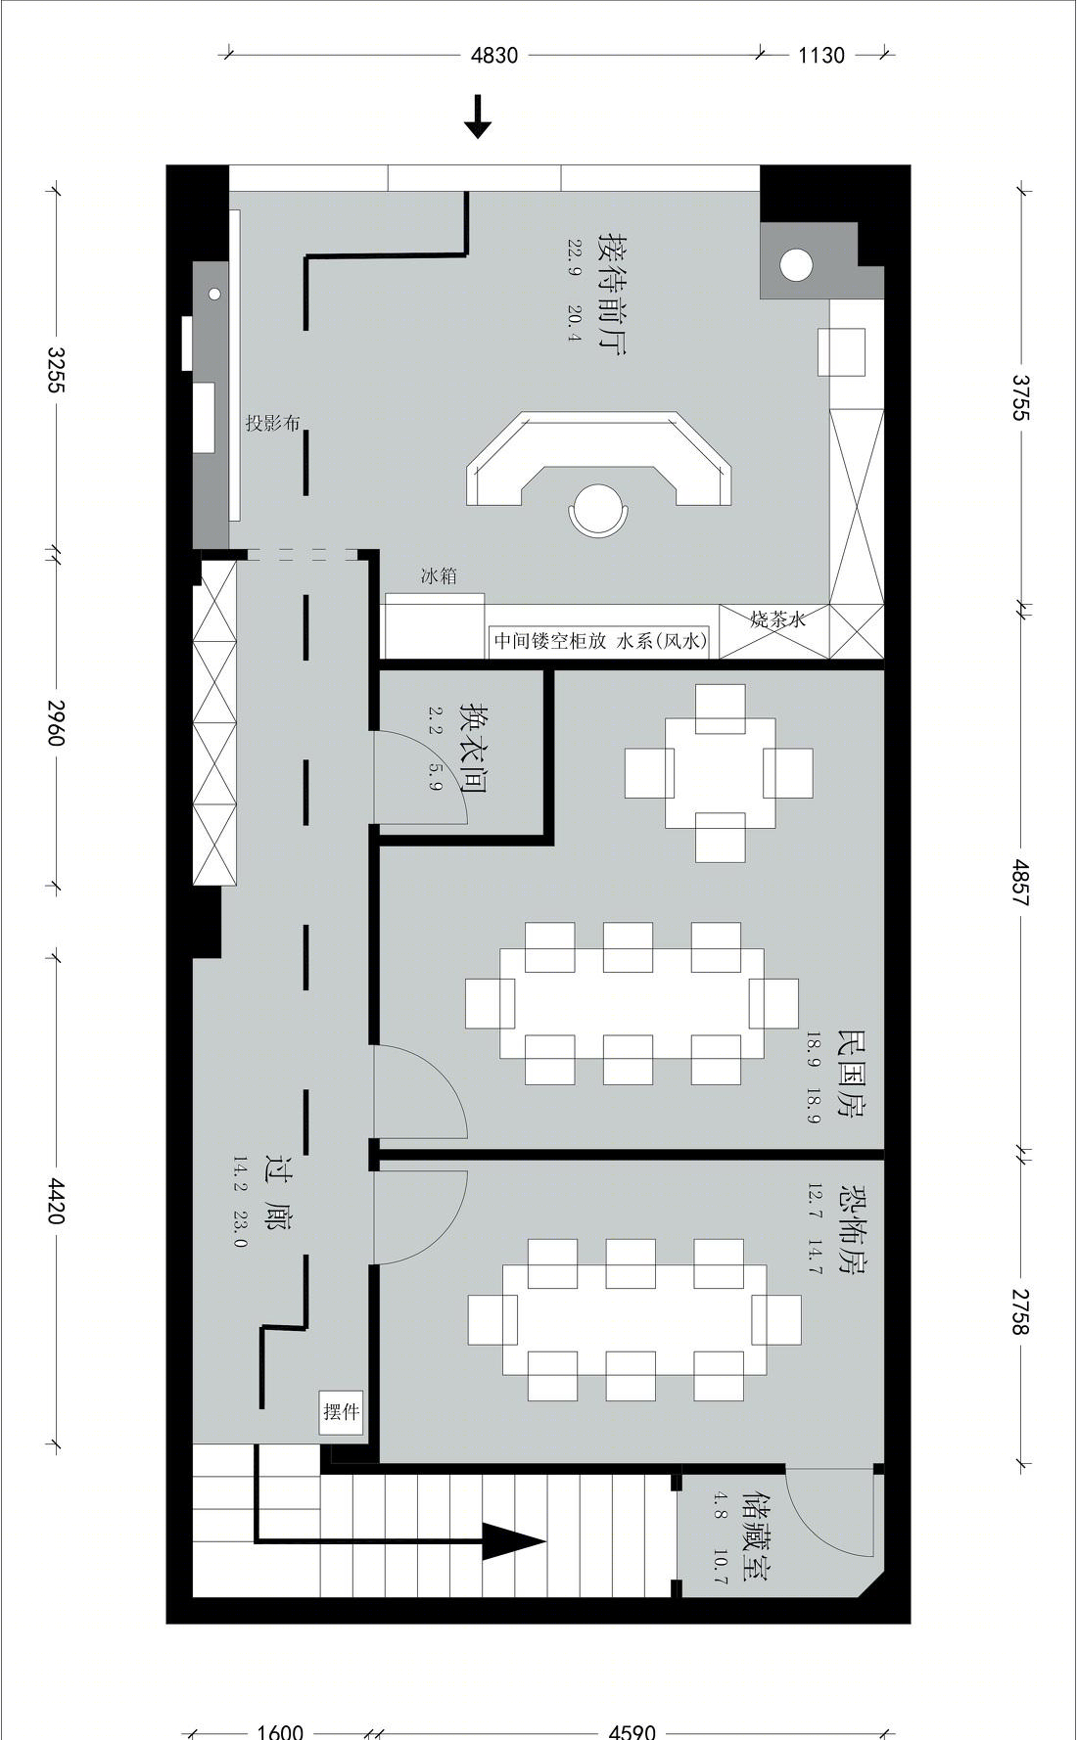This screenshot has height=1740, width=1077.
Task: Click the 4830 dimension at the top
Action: (x=494, y=56)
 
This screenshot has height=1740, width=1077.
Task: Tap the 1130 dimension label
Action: (x=820, y=56)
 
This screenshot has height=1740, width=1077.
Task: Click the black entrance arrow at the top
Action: (x=478, y=116)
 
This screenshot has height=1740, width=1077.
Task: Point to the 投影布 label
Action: (x=272, y=424)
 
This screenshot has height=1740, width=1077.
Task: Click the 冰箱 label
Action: (x=439, y=576)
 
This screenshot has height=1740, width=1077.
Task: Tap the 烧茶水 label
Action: (x=778, y=618)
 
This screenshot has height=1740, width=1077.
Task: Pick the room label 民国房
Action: (x=851, y=1076)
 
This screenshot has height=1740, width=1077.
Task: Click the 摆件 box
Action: (x=342, y=1412)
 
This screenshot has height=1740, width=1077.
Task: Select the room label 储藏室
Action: (x=757, y=1537)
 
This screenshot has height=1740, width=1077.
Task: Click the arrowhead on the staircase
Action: (x=513, y=1542)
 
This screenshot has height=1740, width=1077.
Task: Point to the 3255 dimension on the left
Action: (x=56, y=369)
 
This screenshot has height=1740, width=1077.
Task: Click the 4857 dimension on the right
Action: (x=1021, y=883)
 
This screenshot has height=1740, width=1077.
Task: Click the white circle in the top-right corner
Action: (x=796, y=264)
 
